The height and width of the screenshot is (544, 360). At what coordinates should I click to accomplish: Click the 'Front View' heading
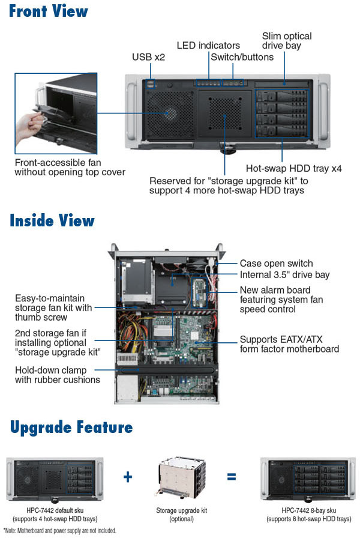click(48, 11)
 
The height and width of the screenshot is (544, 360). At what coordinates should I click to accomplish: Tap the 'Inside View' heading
click(52, 220)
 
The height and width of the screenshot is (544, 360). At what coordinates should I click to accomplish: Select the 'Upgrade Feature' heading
click(71, 428)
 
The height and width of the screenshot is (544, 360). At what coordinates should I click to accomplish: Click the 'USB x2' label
click(148, 57)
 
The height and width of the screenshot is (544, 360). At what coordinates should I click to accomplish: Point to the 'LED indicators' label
click(208, 45)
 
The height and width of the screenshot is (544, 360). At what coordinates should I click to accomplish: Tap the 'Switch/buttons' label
click(242, 57)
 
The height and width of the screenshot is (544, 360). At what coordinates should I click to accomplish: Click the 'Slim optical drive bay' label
click(287, 40)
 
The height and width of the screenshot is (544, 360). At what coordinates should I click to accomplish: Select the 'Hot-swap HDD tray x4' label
click(293, 169)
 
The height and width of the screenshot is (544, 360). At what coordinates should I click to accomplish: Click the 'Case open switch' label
click(276, 263)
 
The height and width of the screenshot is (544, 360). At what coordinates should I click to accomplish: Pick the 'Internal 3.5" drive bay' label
click(284, 275)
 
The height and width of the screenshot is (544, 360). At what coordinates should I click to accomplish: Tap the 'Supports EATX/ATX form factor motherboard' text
click(289, 344)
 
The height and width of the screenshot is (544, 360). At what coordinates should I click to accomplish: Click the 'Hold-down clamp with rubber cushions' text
click(58, 375)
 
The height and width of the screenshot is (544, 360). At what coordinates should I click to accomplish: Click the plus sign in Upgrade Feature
click(128, 477)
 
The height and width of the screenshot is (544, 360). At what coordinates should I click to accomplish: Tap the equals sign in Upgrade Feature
click(231, 477)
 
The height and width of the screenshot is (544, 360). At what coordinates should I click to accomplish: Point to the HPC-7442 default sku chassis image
click(55, 479)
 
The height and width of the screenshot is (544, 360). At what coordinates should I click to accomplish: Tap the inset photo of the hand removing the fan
click(56, 114)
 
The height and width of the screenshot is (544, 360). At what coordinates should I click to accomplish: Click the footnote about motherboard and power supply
click(60, 531)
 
